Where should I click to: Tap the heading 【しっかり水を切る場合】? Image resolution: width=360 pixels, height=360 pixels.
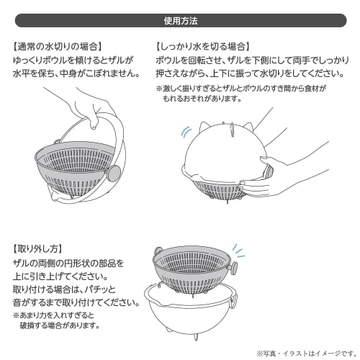[x=204, y=45]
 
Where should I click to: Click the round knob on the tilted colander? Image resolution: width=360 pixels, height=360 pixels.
[x=113, y=173]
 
